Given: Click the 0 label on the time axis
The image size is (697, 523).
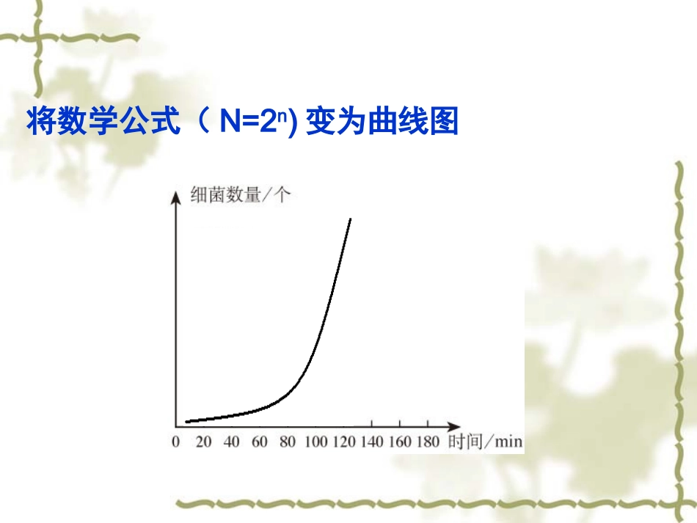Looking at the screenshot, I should pyautogui.click(x=175, y=442).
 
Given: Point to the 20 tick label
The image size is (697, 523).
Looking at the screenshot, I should pyautogui.click(x=203, y=442).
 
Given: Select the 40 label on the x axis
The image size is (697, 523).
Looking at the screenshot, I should pyautogui.click(x=231, y=442).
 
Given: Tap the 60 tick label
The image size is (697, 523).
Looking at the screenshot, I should pyautogui.click(x=259, y=442).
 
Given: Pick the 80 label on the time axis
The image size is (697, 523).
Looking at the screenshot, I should pyautogui.click(x=287, y=442).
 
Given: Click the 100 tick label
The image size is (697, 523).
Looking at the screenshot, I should pyautogui.click(x=315, y=442).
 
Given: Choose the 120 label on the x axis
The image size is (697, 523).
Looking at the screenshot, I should pyautogui.click(x=343, y=442).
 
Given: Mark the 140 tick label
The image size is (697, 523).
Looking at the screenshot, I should pyautogui.click(x=371, y=442).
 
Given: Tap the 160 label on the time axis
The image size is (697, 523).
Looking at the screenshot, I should pyautogui.click(x=399, y=442).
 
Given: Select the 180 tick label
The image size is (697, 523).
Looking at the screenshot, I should pyautogui.click(x=427, y=442).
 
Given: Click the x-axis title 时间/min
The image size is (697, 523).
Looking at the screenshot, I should pyautogui.click(x=485, y=442).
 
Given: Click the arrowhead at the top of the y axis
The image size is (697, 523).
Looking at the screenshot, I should pyautogui.click(x=175, y=194).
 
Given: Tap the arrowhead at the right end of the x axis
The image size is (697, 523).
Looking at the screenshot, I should pyautogui.click(x=456, y=426).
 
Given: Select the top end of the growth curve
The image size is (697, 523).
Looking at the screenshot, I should pyautogui.click(x=350, y=219).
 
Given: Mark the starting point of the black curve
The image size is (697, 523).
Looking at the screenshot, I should pyautogui.click(x=186, y=422).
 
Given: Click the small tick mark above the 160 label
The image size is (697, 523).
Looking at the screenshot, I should pyautogui.click(x=399, y=423).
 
